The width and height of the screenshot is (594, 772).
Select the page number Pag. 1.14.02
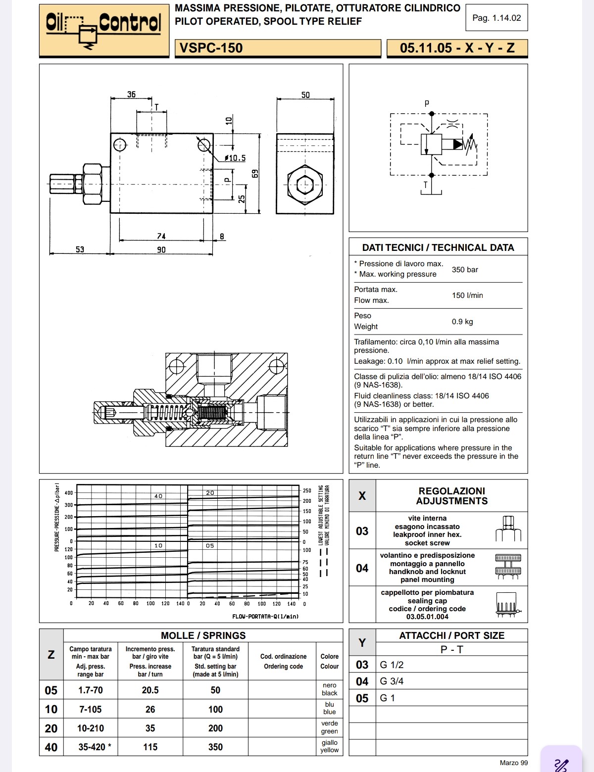(496, 18)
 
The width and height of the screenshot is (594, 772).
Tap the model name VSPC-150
(211, 48)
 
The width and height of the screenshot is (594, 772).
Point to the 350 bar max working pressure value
(465, 270)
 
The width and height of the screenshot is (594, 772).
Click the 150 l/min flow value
(467, 295)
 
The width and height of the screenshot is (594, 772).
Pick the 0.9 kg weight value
(462, 322)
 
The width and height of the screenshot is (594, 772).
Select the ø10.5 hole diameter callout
(235, 158)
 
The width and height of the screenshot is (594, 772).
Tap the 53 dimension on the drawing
(80, 249)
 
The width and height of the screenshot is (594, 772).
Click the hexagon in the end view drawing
(305, 186)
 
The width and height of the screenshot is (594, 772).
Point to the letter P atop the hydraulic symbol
(427, 103)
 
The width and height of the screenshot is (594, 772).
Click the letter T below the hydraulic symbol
(425, 186)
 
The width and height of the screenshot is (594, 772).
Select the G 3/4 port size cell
(392, 681)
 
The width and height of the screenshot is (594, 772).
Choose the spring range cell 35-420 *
(94, 747)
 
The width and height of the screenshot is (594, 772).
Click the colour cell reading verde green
(329, 727)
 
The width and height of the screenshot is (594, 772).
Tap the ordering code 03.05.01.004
(427, 617)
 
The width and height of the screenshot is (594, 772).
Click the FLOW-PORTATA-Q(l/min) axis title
(265, 617)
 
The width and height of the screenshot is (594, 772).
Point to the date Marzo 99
(513, 763)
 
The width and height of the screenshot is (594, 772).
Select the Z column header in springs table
(51, 655)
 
